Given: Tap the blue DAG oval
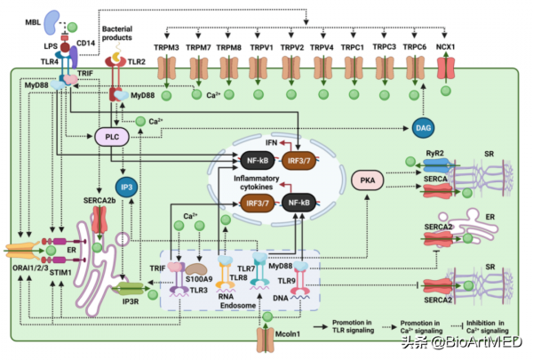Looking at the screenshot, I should pos(423,130).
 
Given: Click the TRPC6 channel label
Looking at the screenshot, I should pos(415,46).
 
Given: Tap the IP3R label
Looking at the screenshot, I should pos(131,299).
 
